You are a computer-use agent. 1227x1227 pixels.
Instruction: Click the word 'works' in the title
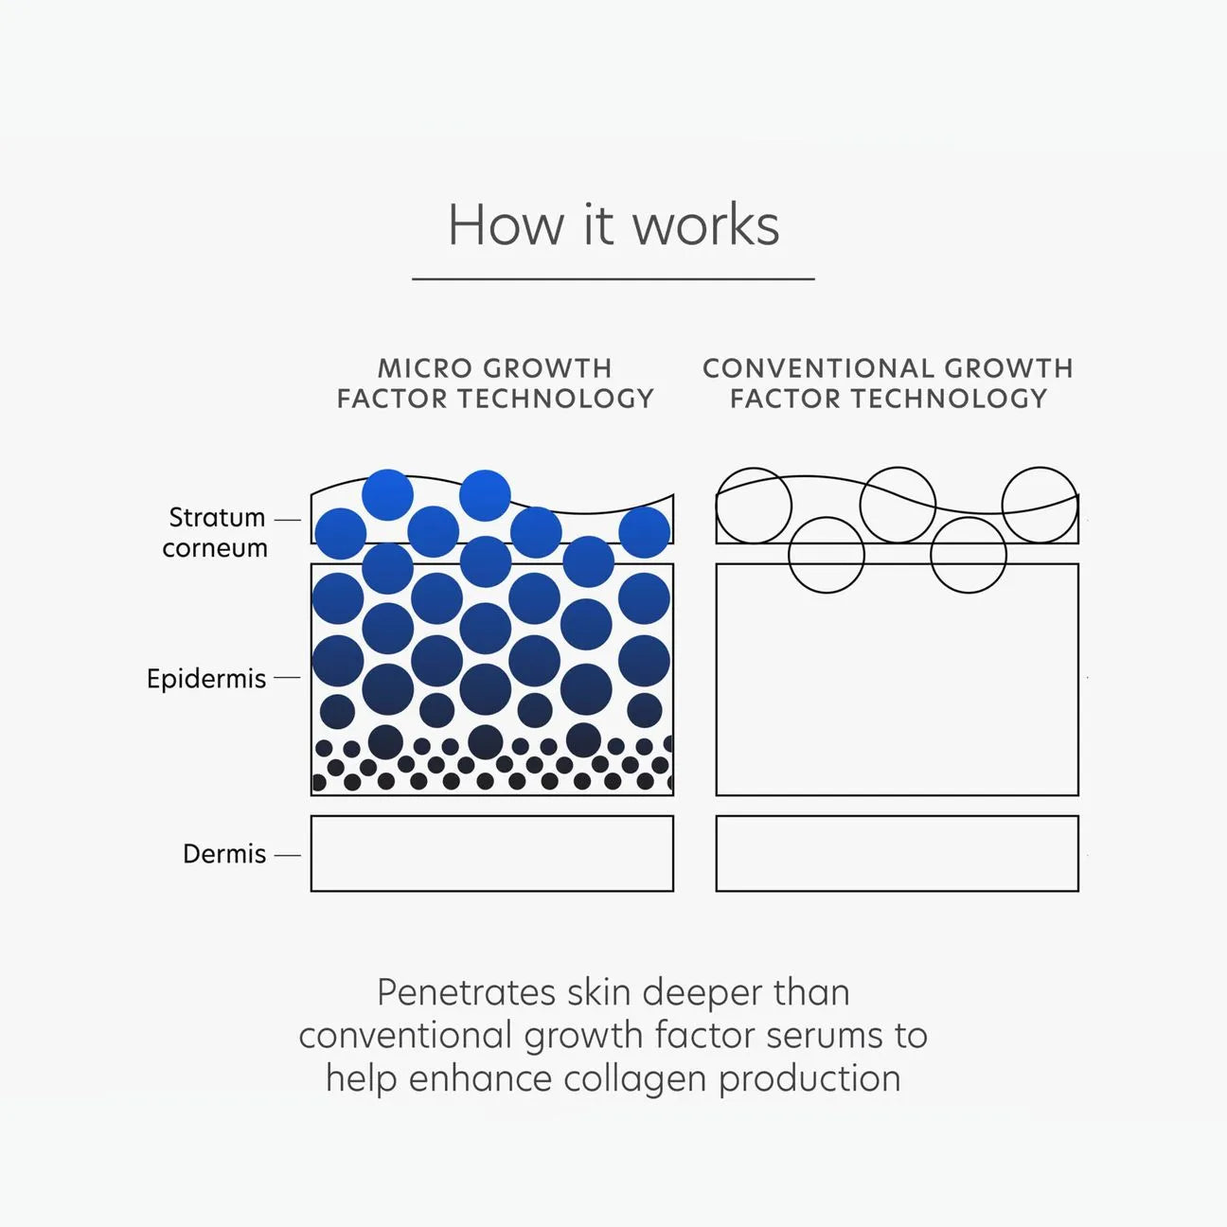click(x=705, y=225)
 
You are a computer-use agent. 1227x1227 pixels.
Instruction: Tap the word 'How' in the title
click(x=505, y=225)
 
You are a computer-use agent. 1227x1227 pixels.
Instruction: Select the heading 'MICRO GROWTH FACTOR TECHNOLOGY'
click(x=495, y=382)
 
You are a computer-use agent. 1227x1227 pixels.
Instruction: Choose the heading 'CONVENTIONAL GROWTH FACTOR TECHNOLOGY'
click(x=888, y=382)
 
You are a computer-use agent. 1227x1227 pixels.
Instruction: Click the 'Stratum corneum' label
click(x=216, y=532)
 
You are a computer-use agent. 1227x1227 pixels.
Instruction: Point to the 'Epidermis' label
click(x=206, y=679)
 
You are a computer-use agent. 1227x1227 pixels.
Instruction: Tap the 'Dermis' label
click(x=224, y=854)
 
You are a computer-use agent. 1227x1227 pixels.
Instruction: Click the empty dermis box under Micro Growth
click(x=492, y=853)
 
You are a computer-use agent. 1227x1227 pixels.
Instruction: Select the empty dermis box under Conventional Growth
click(x=897, y=853)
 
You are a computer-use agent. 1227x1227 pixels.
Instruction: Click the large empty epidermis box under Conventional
click(x=897, y=691)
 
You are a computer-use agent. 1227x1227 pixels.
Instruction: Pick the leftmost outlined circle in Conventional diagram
click(x=754, y=506)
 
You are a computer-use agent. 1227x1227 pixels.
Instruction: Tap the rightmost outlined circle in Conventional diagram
click(x=1040, y=505)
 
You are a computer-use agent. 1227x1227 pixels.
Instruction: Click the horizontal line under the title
click(x=613, y=279)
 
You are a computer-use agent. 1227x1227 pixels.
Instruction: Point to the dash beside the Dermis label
click(x=287, y=855)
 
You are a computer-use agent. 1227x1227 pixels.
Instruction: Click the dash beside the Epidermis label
click(x=287, y=678)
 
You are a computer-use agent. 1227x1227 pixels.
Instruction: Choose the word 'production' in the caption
click(x=809, y=1078)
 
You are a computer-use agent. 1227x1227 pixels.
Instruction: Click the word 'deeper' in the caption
click(x=702, y=992)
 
